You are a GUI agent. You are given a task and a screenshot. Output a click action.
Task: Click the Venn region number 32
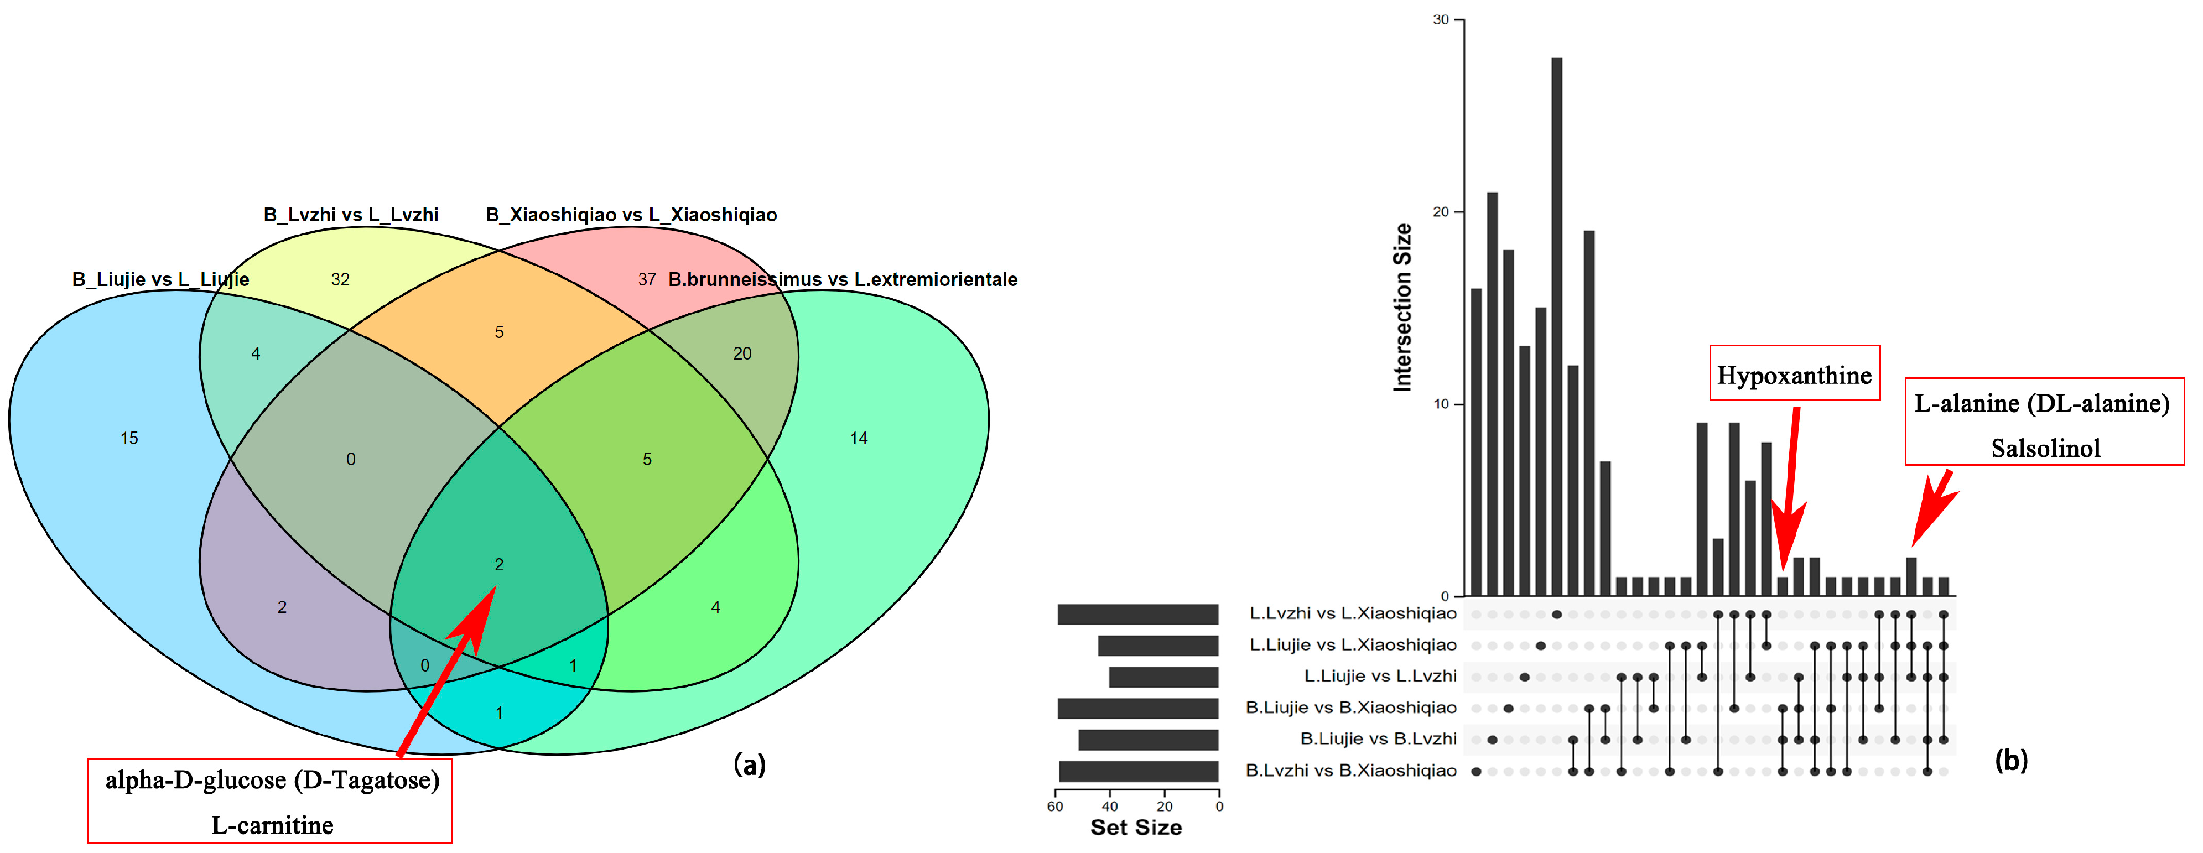[340, 279]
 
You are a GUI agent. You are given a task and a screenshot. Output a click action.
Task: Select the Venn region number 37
[647, 279]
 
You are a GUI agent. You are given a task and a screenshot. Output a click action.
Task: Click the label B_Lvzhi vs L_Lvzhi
[351, 215]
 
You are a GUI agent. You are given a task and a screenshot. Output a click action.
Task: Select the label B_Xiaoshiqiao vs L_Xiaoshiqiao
[631, 215]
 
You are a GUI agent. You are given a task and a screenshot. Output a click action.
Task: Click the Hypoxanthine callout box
[1794, 373]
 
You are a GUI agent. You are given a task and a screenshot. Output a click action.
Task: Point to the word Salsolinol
[2045, 448]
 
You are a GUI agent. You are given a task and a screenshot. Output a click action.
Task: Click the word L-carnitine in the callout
[272, 825]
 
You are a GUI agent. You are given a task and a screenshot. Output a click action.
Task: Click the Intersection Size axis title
[1402, 308]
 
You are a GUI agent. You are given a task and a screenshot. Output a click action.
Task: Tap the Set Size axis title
[1136, 828]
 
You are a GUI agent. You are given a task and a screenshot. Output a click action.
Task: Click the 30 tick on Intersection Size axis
[1441, 20]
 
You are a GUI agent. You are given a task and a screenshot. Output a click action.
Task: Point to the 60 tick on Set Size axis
[1056, 806]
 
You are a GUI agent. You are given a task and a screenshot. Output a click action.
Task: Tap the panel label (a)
[750, 764]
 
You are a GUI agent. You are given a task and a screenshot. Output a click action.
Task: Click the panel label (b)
[2010, 760]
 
